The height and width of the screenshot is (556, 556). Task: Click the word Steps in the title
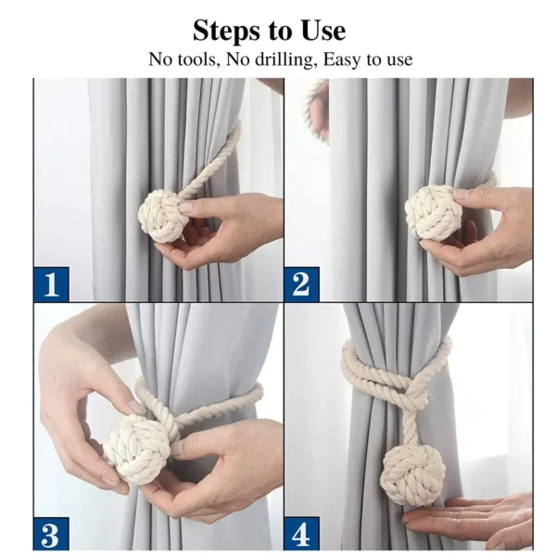[x=226, y=31]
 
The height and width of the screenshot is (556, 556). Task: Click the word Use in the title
[x=321, y=31]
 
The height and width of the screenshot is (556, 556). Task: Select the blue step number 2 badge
[x=301, y=284]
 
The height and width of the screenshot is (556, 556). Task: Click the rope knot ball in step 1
[x=163, y=216]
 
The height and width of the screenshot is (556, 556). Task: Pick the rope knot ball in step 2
[x=433, y=212]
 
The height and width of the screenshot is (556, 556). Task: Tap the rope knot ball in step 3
[x=136, y=449]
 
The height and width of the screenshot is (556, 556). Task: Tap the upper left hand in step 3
[x=79, y=389]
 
